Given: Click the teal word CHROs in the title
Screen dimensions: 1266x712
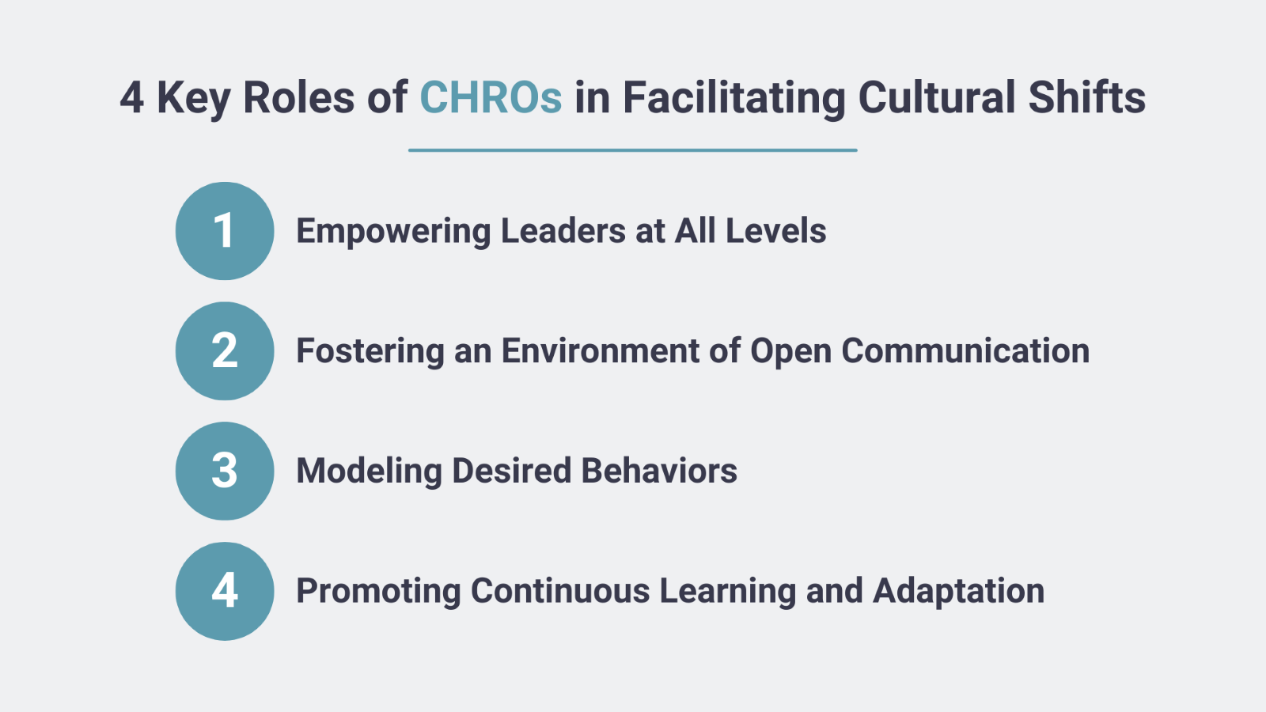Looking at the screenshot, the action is coord(491,97).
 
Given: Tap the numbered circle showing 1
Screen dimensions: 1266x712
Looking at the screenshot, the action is coord(225,231).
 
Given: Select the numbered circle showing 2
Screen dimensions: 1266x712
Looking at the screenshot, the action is coord(225,351).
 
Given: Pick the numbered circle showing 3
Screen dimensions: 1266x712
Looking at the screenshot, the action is coord(225,472).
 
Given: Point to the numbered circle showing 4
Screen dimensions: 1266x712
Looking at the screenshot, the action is coord(225,591).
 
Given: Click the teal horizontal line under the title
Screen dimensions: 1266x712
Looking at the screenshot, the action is coord(633,150).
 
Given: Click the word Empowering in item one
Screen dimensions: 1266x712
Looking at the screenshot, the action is coord(393,232).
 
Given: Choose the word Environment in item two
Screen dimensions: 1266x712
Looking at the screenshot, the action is coord(601,350).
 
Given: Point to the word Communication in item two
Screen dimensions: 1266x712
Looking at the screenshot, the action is coord(965,350).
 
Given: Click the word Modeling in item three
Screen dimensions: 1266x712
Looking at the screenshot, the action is coord(369,472).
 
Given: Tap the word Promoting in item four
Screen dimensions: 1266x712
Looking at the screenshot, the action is coord(379,592).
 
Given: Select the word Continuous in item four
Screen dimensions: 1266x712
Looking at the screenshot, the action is coord(560,590).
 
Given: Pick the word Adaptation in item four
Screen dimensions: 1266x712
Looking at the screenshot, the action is coord(958,592).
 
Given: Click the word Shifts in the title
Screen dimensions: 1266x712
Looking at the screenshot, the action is coord(1087,97).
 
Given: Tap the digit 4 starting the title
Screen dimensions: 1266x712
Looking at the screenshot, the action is coord(131,97).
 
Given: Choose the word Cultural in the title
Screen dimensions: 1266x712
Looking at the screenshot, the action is coord(937,97).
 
